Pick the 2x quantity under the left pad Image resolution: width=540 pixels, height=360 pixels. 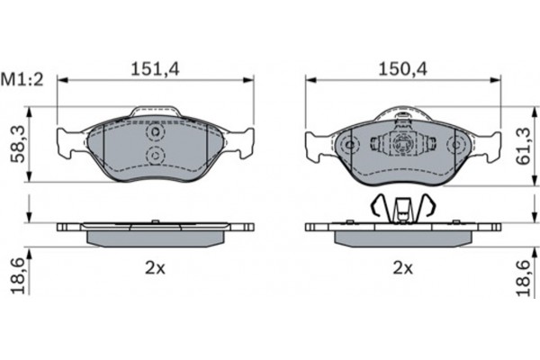click(x=155, y=267)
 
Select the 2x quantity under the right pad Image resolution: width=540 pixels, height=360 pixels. click(x=401, y=267)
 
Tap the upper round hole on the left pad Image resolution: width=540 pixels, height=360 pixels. click(x=155, y=133)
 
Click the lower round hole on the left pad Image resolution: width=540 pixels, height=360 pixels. click(x=155, y=157)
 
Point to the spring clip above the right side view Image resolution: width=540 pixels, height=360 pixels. click(x=401, y=210)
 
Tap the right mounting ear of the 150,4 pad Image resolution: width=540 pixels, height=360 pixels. click(x=486, y=142)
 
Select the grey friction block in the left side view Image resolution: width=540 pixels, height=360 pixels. click(x=155, y=238)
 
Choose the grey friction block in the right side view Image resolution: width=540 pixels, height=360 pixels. click(x=401, y=238)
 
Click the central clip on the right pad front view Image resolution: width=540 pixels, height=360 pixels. click(x=401, y=144)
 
